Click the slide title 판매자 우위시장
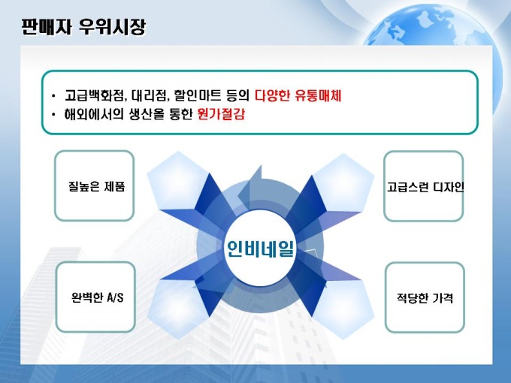83,27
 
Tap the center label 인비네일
260,249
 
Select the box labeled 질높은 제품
94,185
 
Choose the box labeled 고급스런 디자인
424,186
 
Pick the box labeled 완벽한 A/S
95,297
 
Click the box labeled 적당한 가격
425,297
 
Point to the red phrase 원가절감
221,114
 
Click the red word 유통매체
318,95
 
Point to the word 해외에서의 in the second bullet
94,114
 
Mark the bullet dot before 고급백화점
53,96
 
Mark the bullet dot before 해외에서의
53,114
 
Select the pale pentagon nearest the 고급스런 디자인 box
342,182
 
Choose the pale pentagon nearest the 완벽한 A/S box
177,309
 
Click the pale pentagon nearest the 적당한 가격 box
342,309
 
